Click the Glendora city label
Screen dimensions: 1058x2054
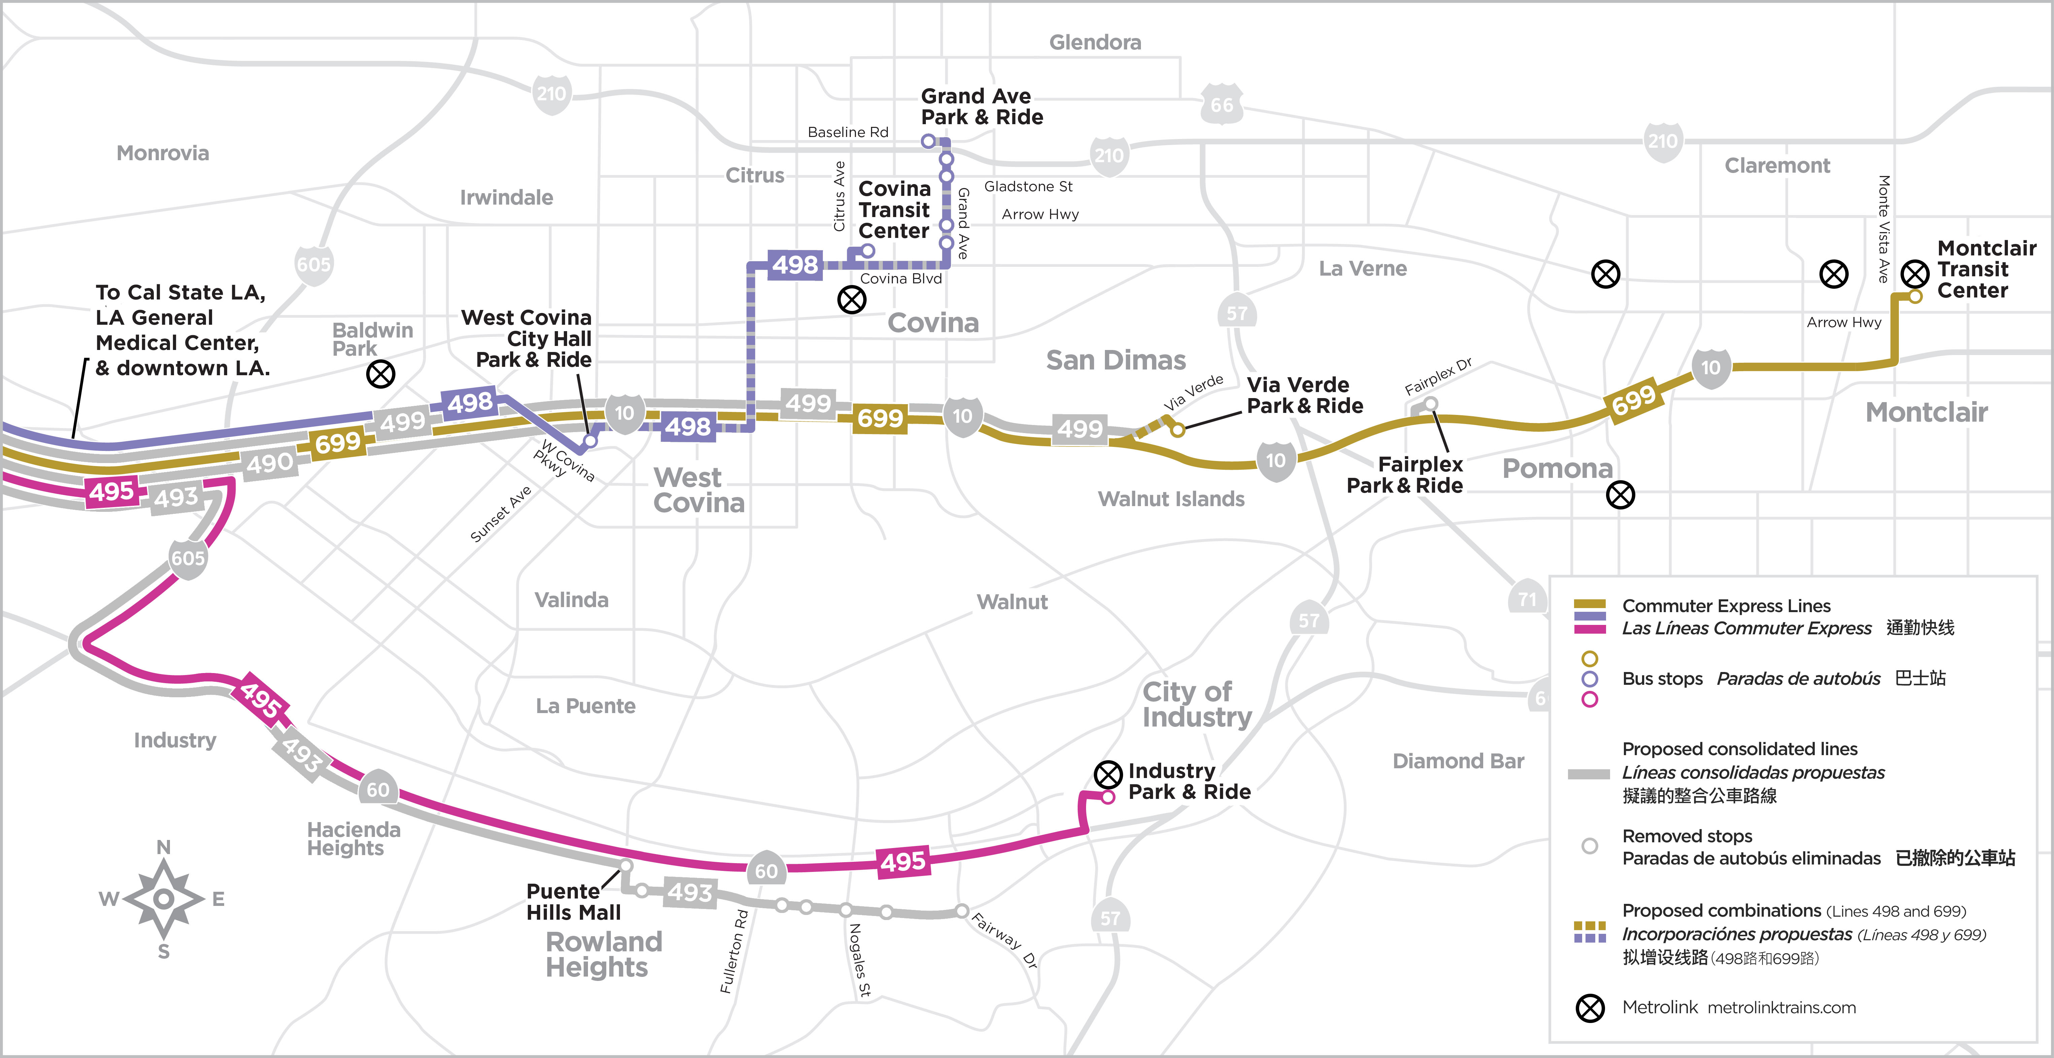click(x=1095, y=42)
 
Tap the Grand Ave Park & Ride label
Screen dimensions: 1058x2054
click(x=981, y=107)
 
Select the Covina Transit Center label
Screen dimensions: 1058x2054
click(x=894, y=210)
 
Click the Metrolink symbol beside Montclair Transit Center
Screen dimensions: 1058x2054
click(x=1914, y=274)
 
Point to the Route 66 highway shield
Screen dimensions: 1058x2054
click(x=1222, y=104)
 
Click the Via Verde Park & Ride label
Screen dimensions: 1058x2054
click(x=1304, y=395)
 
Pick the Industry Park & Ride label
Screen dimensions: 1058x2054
click(x=1189, y=781)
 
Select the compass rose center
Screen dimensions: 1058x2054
click(x=164, y=900)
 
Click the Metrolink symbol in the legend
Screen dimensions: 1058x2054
click(x=1590, y=1008)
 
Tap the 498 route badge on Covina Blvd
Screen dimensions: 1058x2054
click(x=795, y=265)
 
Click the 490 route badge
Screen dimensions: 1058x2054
click(x=270, y=462)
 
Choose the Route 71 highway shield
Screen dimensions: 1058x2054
click(x=1526, y=599)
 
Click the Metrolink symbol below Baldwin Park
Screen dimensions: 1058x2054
click(x=380, y=374)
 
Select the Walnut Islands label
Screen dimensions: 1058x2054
click(x=1171, y=499)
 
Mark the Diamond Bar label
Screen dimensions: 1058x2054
click(x=1458, y=762)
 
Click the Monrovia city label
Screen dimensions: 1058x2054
click(x=163, y=153)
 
